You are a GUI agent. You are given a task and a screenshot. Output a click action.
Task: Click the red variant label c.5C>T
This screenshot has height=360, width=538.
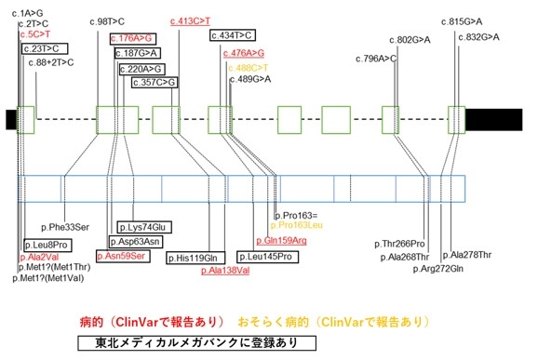[x=36, y=33]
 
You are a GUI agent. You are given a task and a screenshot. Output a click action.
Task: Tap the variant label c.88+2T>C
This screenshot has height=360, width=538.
[x=50, y=62]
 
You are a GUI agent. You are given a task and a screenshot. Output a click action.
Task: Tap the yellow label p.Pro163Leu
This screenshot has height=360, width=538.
[x=296, y=225]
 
